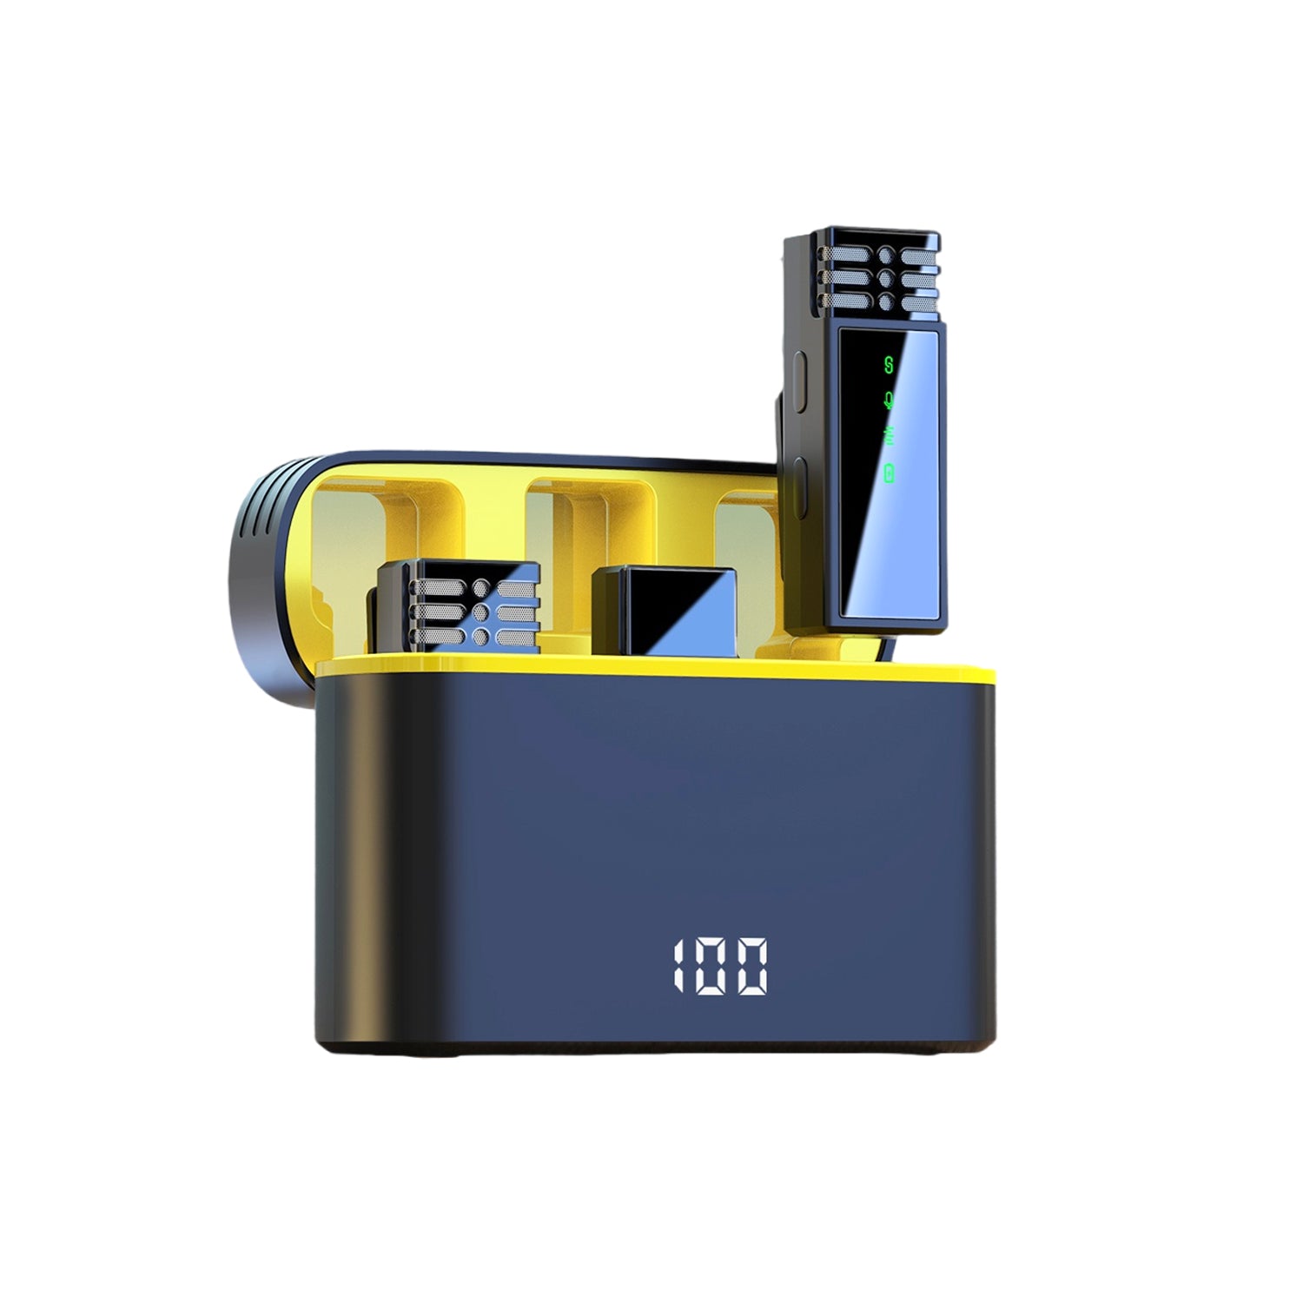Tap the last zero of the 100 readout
(752, 965)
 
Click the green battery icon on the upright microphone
(889, 473)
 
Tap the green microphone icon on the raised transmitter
(888, 400)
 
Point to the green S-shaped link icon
(888, 364)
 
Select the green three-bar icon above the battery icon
(888, 437)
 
